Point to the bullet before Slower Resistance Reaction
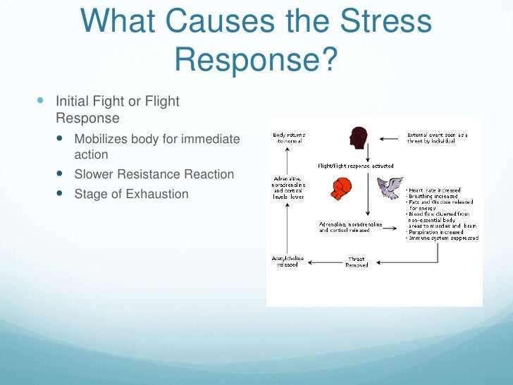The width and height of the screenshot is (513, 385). coord(58,174)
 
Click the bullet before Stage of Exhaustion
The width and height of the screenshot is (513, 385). coord(58,194)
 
